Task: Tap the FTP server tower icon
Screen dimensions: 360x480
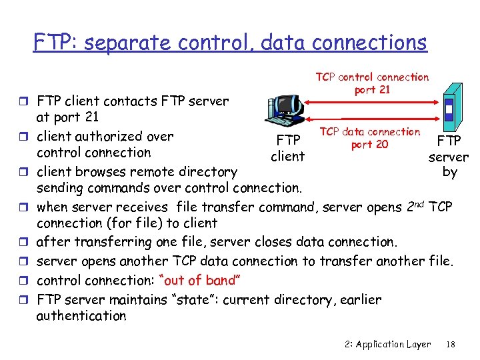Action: click(451, 107)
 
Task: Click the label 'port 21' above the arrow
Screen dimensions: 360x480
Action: click(372, 90)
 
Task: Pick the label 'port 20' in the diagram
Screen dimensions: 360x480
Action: click(370, 144)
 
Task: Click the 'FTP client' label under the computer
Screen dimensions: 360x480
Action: click(288, 149)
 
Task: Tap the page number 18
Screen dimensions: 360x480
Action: click(451, 344)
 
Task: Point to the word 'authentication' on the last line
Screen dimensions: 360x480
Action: click(81, 316)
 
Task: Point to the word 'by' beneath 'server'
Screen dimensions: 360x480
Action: click(450, 172)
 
